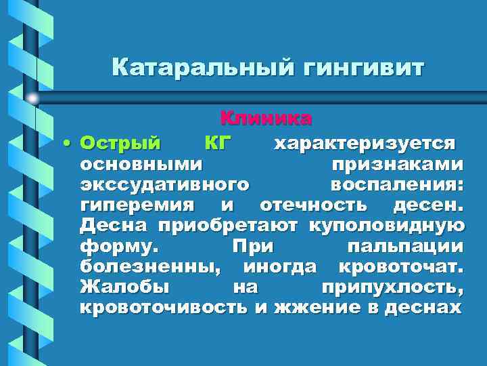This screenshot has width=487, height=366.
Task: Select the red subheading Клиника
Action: click(266, 119)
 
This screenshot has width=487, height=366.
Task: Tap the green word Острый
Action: click(120, 144)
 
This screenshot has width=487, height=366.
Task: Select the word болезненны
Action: click(149, 266)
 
